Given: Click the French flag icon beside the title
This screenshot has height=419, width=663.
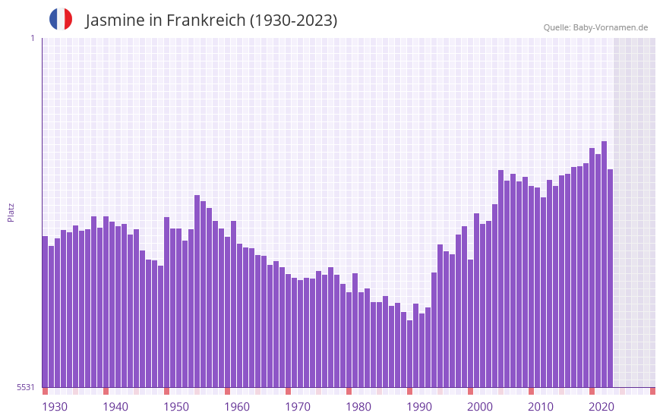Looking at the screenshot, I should click(61, 19).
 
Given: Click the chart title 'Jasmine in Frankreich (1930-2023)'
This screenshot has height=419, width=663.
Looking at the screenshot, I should click(211, 20).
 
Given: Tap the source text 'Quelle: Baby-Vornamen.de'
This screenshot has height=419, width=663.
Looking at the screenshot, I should click(595, 27).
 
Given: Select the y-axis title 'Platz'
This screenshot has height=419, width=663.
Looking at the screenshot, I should click(11, 212).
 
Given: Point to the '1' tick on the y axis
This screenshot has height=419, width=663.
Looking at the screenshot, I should click(32, 38).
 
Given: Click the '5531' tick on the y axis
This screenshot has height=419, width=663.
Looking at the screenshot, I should click(26, 387).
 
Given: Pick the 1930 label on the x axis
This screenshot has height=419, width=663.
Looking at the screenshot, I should click(55, 407).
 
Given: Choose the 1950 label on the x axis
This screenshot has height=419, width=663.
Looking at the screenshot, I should click(176, 407).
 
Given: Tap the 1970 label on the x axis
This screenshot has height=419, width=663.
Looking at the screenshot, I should click(298, 407).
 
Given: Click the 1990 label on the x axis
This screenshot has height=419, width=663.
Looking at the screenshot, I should click(419, 407).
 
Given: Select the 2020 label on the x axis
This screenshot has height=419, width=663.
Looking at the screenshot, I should click(601, 407).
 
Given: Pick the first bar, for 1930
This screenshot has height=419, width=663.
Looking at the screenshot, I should click(45, 311).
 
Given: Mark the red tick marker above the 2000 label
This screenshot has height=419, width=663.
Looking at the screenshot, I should click(470, 391).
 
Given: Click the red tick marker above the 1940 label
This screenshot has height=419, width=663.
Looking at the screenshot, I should click(106, 391).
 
